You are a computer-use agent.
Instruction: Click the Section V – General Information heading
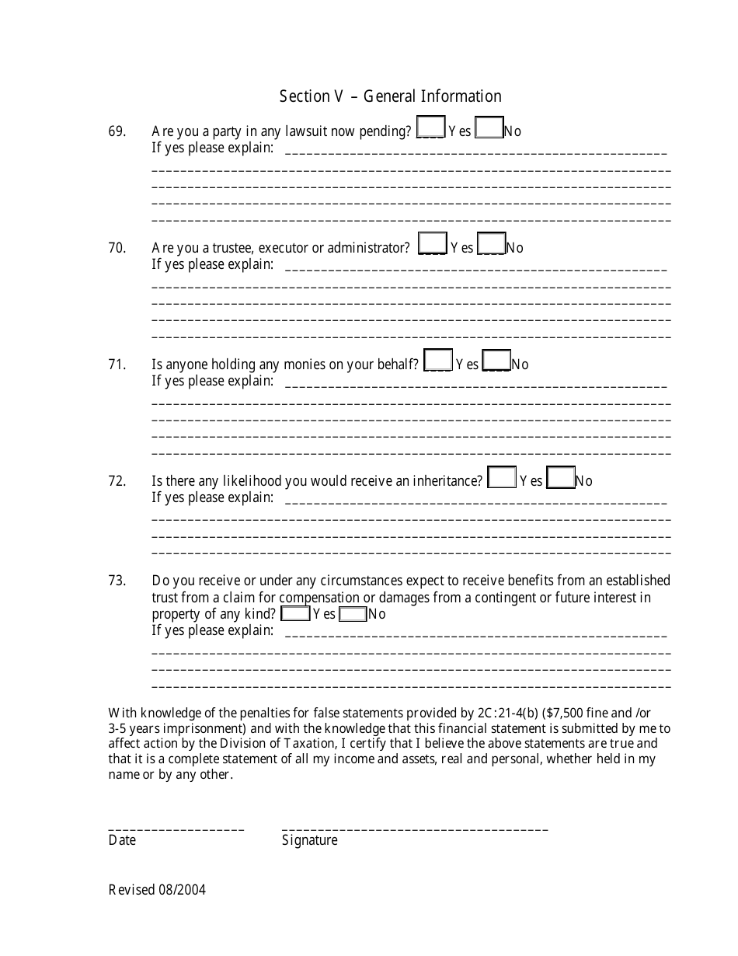[x=390, y=96]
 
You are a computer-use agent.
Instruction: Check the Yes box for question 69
[x=430, y=127]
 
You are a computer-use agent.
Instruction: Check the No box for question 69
[x=489, y=127]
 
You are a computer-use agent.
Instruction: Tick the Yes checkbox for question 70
[x=432, y=243]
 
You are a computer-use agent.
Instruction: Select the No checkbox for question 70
[x=491, y=243]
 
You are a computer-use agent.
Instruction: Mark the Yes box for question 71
[x=438, y=360]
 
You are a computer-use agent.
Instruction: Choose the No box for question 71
[x=496, y=360]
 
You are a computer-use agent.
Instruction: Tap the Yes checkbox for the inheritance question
[x=502, y=476]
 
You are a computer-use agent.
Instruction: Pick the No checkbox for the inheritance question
[x=560, y=476]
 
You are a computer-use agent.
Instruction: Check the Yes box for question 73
[x=295, y=613]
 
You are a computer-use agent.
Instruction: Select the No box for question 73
[x=353, y=613]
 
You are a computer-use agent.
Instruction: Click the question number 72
[x=117, y=481]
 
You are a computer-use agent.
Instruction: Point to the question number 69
[x=117, y=131]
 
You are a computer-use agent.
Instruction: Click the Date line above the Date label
[x=176, y=829]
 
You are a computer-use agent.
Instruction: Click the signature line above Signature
[x=415, y=829]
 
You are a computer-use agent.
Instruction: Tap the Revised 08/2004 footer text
[x=157, y=891]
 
